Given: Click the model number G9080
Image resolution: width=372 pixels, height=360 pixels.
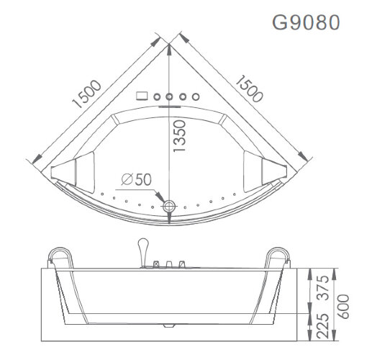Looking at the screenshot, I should pos(304,22).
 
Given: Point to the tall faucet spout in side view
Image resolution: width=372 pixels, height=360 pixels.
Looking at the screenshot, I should pos(143,248).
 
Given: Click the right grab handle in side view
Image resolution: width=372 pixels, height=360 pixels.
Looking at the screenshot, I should pos(279,255).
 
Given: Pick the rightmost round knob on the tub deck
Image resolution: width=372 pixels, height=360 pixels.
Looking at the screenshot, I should pos(195,96).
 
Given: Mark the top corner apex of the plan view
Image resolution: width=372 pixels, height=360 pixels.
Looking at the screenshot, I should pos(170,43).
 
